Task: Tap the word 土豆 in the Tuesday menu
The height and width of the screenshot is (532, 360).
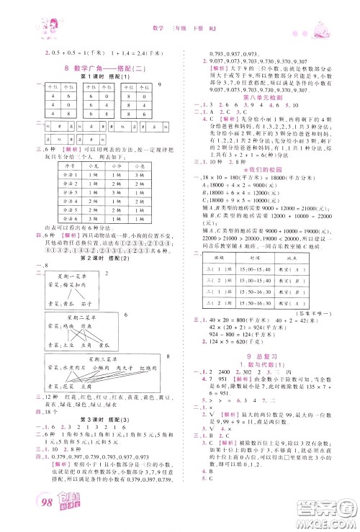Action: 67,343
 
